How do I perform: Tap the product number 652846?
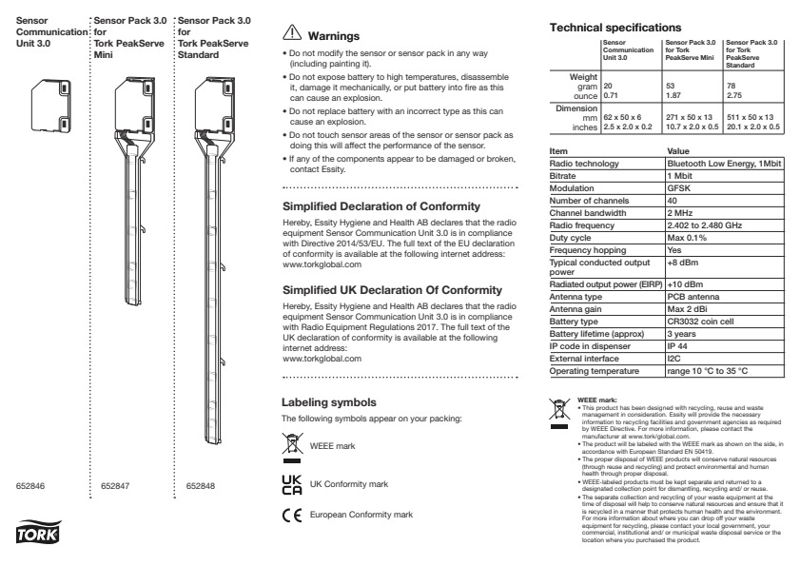click(32, 486)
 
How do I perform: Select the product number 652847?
click(116, 486)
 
